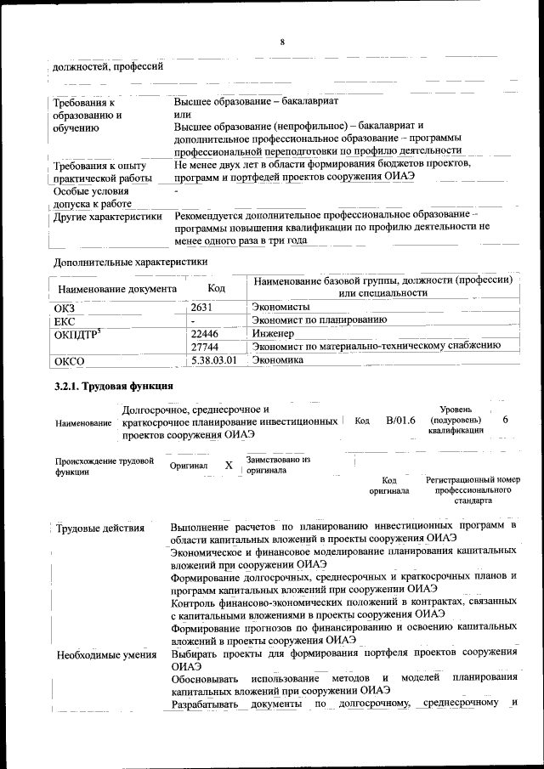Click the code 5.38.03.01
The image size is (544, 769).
pos(213,360)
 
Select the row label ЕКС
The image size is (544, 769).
pos(64,321)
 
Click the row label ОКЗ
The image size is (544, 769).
pos(65,308)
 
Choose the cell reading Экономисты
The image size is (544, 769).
pos(280,306)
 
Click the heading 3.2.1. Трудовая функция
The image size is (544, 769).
pos(113,387)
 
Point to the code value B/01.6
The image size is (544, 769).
pos(400,420)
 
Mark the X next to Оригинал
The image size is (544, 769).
pos(229,466)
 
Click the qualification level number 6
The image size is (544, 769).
pos(506,420)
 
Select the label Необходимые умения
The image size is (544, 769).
pos(106,655)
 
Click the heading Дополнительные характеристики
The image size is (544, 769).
pos(130,261)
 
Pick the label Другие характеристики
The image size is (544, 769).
pos(107,217)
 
